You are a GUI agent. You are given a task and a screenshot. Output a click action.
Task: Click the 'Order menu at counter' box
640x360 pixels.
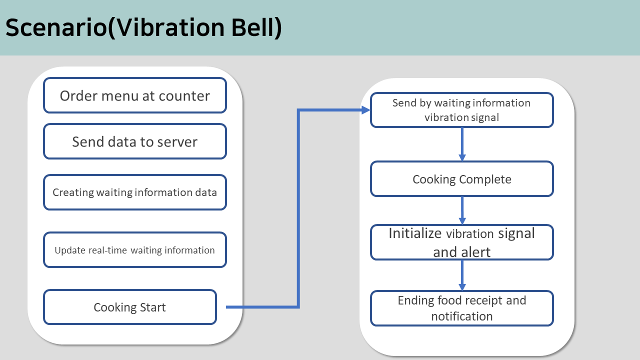tap(135, 95)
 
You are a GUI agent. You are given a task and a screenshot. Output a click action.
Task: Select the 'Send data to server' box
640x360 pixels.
tap(135, 141)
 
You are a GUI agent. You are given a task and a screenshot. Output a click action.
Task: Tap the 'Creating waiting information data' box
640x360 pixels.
tap(135, 192)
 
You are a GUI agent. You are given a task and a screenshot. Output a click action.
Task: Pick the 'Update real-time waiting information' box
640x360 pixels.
tap(135, 249)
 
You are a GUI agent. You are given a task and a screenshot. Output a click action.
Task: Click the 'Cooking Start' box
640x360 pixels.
tap(130, 307)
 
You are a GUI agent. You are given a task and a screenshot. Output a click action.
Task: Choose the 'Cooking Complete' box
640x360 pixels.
tap(462, 179)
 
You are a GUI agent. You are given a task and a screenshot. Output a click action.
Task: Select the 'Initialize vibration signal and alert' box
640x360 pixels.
tap(462, 242)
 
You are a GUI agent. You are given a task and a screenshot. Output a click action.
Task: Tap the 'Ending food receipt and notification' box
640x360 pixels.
tap(462, 308)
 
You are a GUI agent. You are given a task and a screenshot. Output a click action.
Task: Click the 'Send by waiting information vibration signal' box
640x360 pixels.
tap(462, 110)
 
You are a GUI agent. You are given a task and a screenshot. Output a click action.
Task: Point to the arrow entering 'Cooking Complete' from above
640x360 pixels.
tap(462, 144)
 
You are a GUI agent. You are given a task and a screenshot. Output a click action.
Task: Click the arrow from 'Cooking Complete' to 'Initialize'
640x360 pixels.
tap(462, 210)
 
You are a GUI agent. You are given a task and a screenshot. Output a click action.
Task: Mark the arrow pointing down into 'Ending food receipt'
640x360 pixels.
tap(462, 275)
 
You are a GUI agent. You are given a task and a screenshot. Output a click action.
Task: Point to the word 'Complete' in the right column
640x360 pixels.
tap(485, 179)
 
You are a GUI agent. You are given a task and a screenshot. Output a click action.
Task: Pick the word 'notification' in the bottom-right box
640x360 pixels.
tap(462, 316)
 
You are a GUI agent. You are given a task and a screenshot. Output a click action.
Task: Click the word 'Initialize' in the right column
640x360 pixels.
tap(415, 233)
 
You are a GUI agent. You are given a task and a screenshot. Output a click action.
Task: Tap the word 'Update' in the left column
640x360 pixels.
tap(70, 250)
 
